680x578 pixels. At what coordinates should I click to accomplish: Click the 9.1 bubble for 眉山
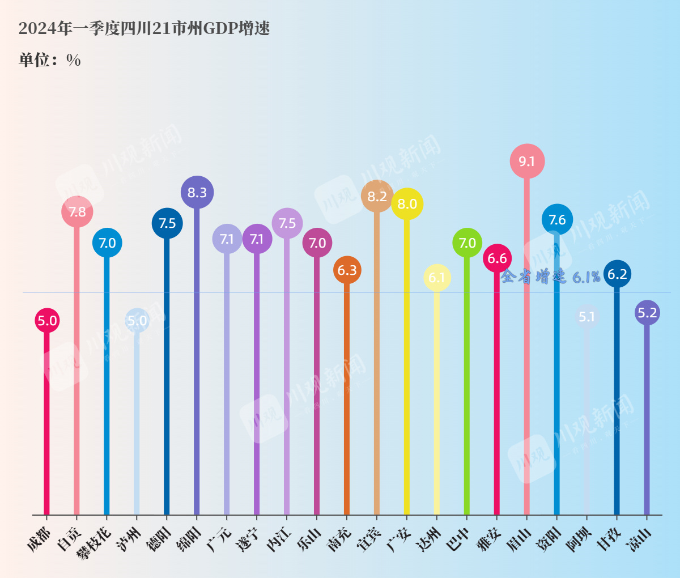(x=527, y=161)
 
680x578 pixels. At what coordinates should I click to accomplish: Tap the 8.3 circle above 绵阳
(x=197, y=193)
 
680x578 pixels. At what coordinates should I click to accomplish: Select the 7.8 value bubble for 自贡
(x=77, y=212)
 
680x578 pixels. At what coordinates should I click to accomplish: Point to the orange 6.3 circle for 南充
(x=347, y=270)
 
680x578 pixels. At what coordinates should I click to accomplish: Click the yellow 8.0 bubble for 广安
(x=407, y=204)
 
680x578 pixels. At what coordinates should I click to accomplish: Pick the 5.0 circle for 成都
(x=47, y=321)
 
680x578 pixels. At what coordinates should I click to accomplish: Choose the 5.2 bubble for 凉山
(x=647, y=313)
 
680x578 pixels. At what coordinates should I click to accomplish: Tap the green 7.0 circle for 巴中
(x=467, y=243)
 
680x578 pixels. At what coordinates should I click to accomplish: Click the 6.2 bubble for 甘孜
(x=617, y=274)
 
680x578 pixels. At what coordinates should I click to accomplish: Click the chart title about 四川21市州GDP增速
(x=144, y=28)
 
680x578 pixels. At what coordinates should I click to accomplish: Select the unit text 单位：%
(x=50, y=60)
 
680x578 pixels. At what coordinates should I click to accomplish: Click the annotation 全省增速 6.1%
(x=550, y=277)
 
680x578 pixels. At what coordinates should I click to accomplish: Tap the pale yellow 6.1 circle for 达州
(x=437, y=278)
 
